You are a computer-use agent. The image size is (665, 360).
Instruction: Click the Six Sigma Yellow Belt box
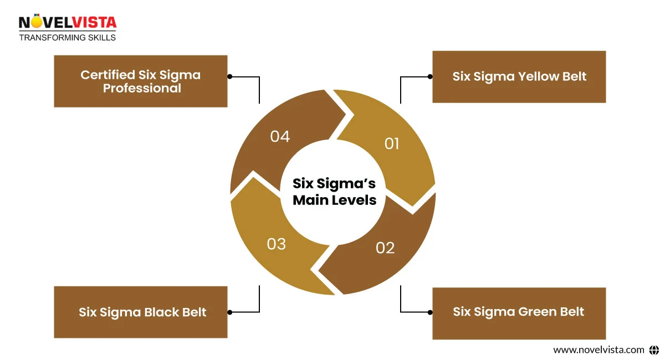[519, 77]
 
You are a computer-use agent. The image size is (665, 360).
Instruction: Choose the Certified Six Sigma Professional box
[141, 81]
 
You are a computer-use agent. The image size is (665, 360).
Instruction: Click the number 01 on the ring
[391, 144]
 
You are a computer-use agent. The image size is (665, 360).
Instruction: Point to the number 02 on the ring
[385, 248]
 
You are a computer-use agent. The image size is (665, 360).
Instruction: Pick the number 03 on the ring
[276, 244]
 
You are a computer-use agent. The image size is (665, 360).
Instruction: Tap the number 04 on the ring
[280, 136]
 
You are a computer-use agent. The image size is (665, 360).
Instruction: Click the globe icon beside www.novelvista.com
[654, 349]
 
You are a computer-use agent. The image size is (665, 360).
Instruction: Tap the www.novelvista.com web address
[598, 349]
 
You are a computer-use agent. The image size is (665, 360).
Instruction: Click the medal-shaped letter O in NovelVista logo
[33, 22]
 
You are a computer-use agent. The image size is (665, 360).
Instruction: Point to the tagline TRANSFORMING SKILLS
[68, 38]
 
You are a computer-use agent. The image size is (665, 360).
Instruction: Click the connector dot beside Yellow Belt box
[430, 77]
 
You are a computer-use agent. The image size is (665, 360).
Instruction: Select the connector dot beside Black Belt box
[230, 312]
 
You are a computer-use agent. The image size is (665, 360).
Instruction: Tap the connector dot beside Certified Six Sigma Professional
[230, 77]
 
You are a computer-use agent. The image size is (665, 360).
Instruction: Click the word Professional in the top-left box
[142, 89]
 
